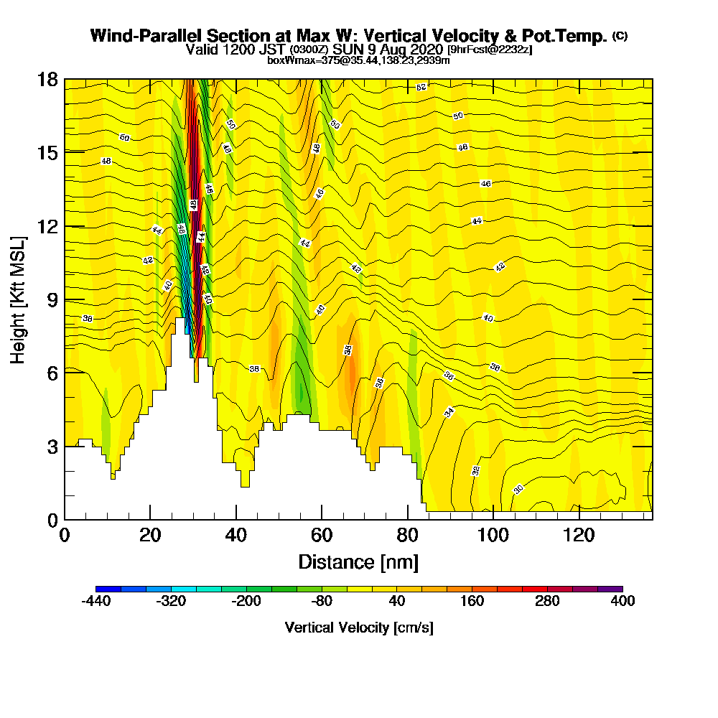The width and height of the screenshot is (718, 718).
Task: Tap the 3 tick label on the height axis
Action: [51, 447]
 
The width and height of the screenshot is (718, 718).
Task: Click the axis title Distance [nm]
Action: [358, 561]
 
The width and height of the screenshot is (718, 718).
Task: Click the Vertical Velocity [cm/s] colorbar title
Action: [359, 628]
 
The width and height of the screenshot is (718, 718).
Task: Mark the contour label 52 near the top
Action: [421, 87]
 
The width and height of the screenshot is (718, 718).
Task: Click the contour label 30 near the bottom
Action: [518, 490]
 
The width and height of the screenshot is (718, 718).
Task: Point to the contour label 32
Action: [475, 470]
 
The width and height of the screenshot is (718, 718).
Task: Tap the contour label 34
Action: [449, 412]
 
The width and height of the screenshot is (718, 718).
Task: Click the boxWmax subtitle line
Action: [358, 60]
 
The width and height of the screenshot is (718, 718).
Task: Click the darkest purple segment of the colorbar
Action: [610, 589]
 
